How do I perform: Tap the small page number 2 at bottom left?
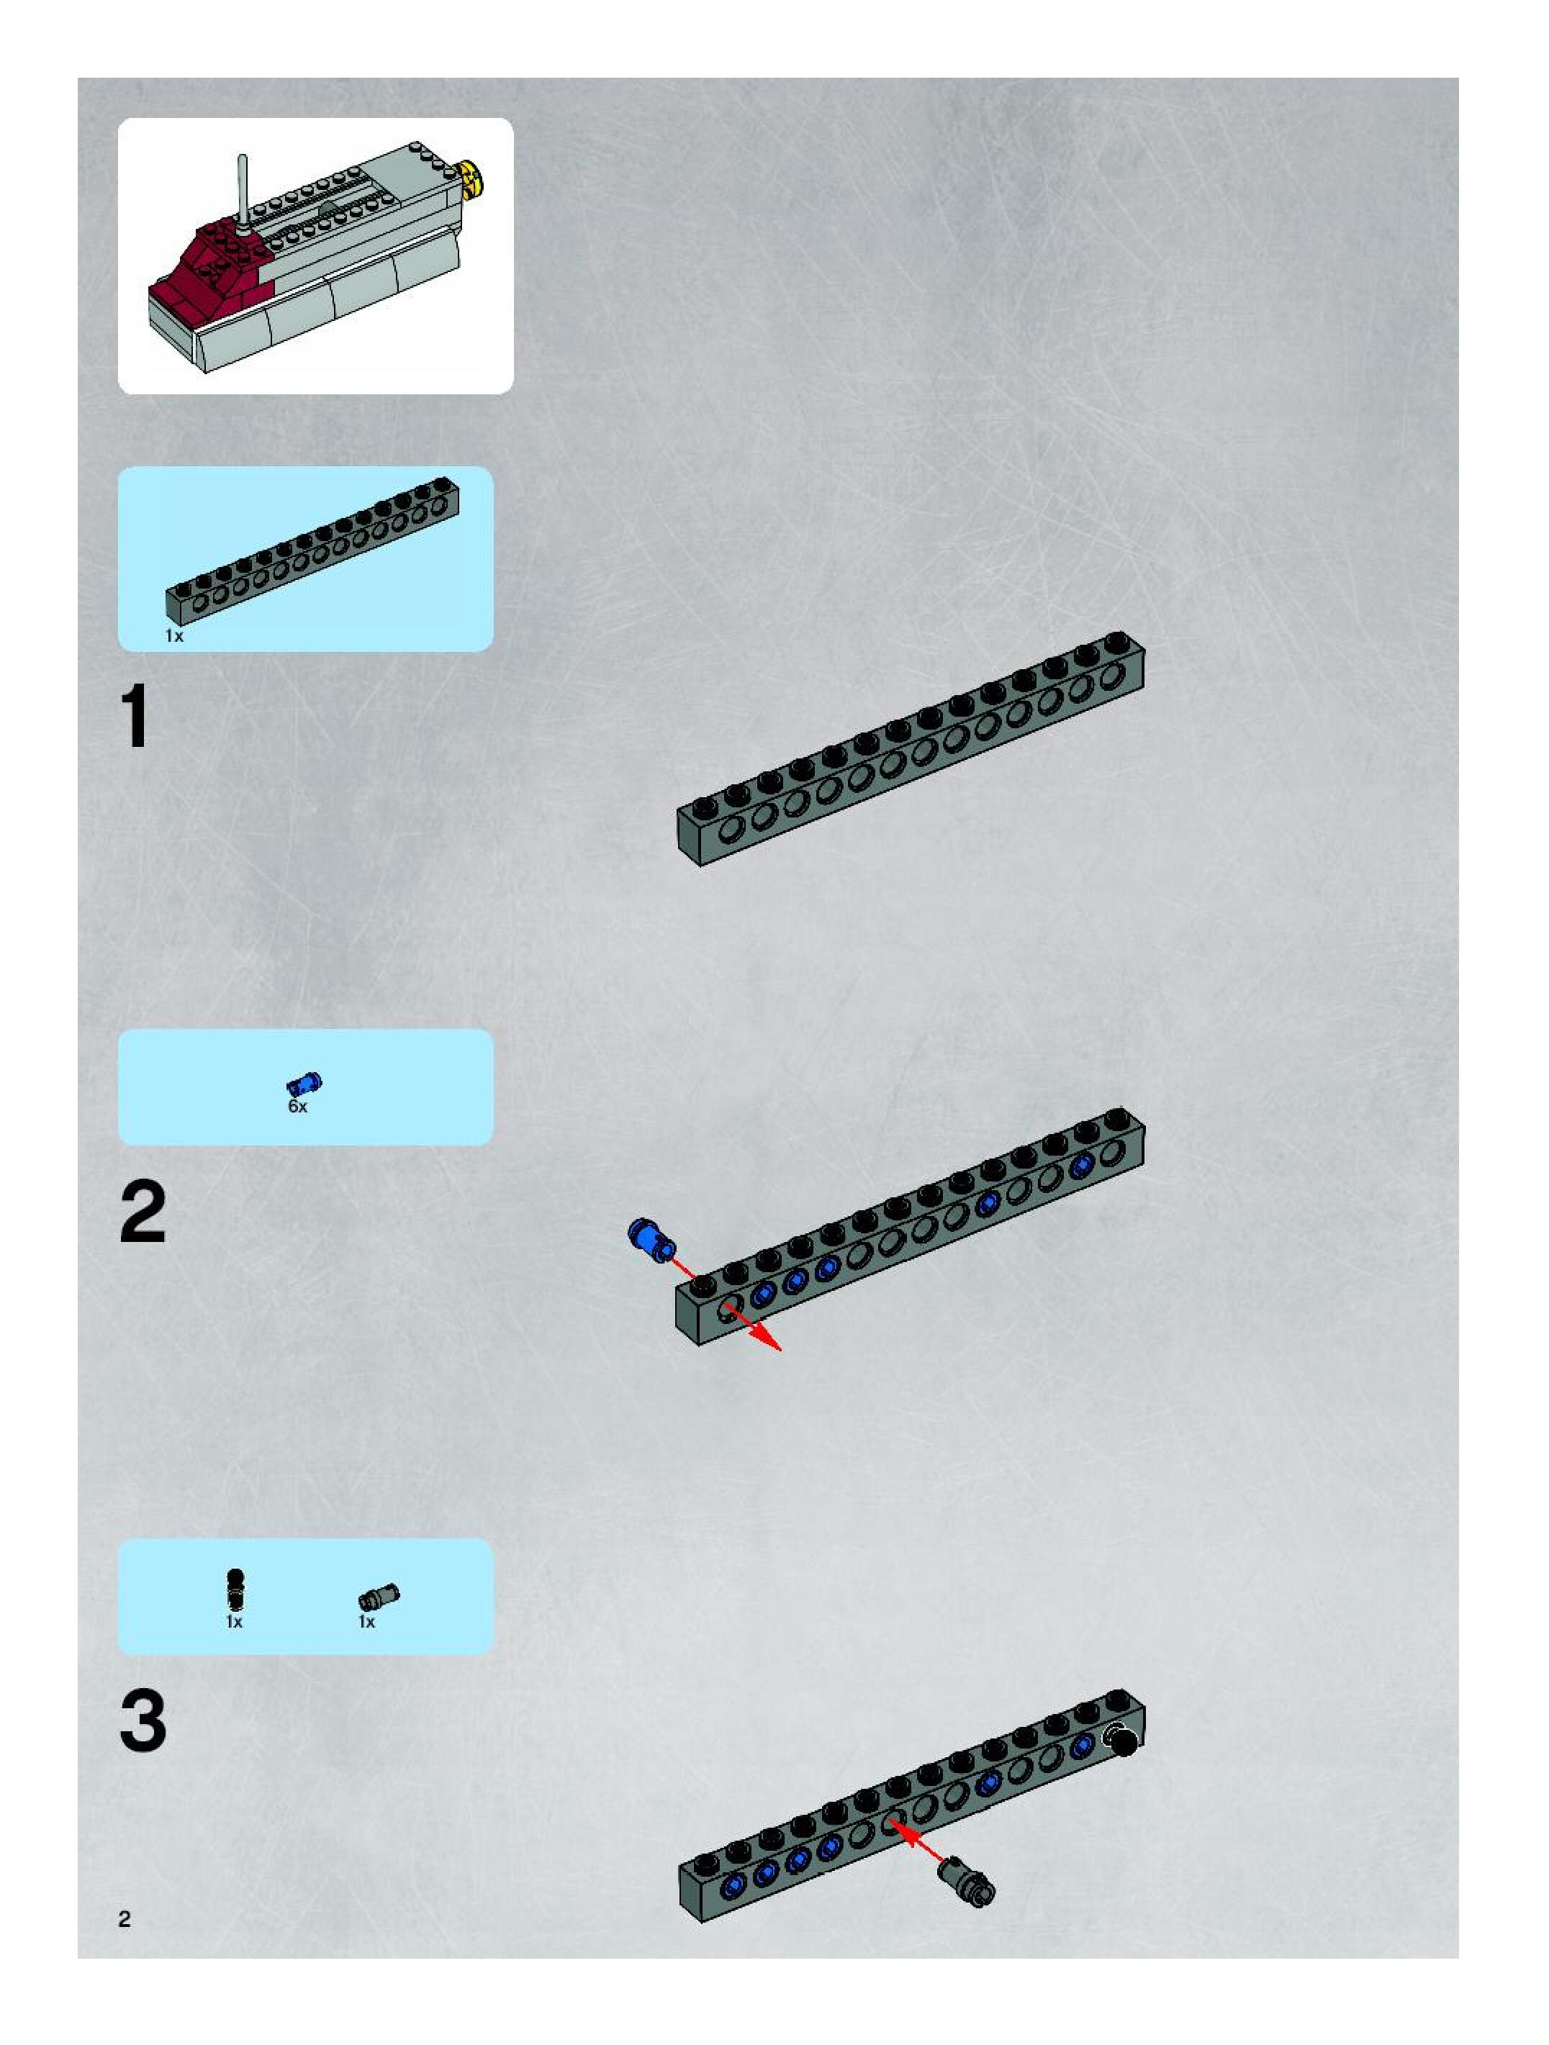(x=125, y=1919)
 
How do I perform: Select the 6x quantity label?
(x=297, y=1107)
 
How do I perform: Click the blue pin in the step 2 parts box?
(x=304, y=1084)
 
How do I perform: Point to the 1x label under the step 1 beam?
(x=174, y=636)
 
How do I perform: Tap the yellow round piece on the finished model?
(x=474, y=178)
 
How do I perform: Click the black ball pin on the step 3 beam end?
(x=1124, y=1742)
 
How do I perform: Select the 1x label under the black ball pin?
(x=234, y=1622)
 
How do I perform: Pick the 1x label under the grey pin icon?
(x=367, y=1622)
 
